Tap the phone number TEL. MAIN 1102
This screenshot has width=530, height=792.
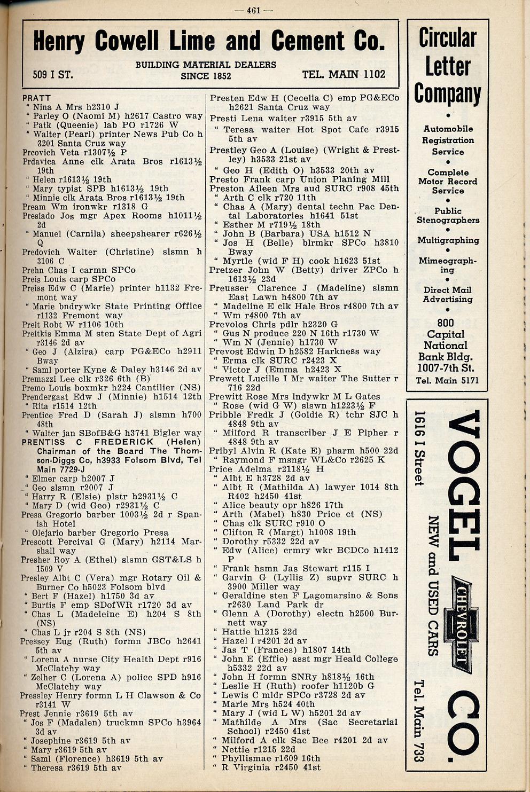pyautogui.click(x=344, y=74)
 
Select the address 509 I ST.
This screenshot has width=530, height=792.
pyautogui.click(x=52, y=75)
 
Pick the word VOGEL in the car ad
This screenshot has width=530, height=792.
pyautogui.click(x=463, y=483)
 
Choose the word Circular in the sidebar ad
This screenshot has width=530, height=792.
pyautogui.click(x=447, y=38)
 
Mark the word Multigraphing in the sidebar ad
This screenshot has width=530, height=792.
pyautogui.click(x=448, y=240)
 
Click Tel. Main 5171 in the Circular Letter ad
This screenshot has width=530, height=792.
pyautogui.click(x=447, y=381)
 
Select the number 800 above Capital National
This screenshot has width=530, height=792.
pyautogui.click(x=445, y=323)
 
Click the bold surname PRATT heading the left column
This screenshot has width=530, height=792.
pyautogui.click(x=36, y=98)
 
